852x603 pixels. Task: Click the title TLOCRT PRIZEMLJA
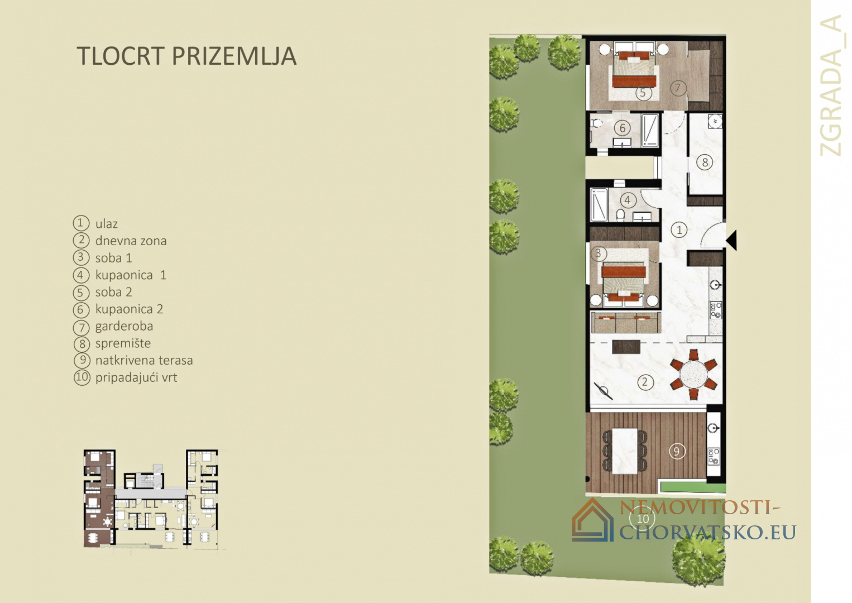tap(186, 56)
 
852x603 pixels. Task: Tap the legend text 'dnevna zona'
tap(131, 241)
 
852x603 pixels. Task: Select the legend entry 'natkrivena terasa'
tap(144, 360)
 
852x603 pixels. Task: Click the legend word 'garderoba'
tap(124, 327)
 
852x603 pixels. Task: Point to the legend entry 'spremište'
tap(123, 343)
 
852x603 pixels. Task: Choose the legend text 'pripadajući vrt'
tap(136, 377)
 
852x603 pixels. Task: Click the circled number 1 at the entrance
tap(679, 230)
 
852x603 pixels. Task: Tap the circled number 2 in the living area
tap(645, 381)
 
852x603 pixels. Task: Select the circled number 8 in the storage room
tap(705, 162)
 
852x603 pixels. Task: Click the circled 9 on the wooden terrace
tap(677, 451)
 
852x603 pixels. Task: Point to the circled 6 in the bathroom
tap(623, 128)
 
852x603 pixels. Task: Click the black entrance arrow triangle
tap(731, 240)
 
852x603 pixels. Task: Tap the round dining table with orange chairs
tap(694, 374)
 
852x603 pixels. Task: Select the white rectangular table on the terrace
tap(625, 451)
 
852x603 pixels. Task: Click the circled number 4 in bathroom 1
tap(628, 200)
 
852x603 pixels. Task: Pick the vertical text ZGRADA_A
tap(831, 86)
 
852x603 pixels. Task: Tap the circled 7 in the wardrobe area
tap(677, 88)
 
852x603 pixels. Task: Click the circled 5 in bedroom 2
tap(643, 93)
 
